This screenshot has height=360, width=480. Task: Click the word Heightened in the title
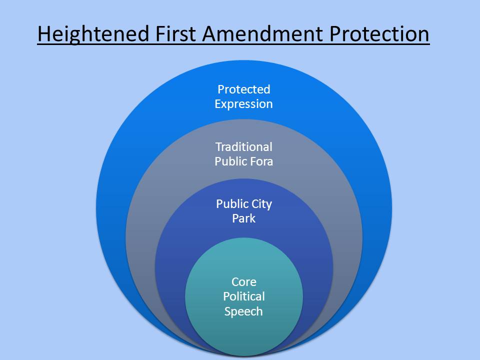[x=93, y=34]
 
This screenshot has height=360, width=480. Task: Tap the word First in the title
[x=175, y=33]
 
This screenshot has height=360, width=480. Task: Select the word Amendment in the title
[x=262, y=33]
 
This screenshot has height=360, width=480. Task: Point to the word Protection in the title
[x=379, y=33]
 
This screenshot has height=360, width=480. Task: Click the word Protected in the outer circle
[x=244, y=89]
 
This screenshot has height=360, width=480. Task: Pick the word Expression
[x=243, y=104]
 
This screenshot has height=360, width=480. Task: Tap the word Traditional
[x=244, y=147]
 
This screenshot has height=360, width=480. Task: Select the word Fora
[x=261, y=161]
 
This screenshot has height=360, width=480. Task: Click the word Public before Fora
[x=230, y=161]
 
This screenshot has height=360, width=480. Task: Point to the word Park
[x=244, y=218]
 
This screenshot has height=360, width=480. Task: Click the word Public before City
[x=232, y=204]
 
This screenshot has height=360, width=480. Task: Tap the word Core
[x=244, y=282]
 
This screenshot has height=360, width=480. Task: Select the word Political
[x=244, y=296]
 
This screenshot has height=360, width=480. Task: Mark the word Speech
[x=243, y=311]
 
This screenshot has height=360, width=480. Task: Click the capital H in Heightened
[x=44, y=34]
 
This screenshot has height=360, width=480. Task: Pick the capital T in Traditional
[x=218, y=147]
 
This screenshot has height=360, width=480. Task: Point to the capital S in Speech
[x=227, y=311]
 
